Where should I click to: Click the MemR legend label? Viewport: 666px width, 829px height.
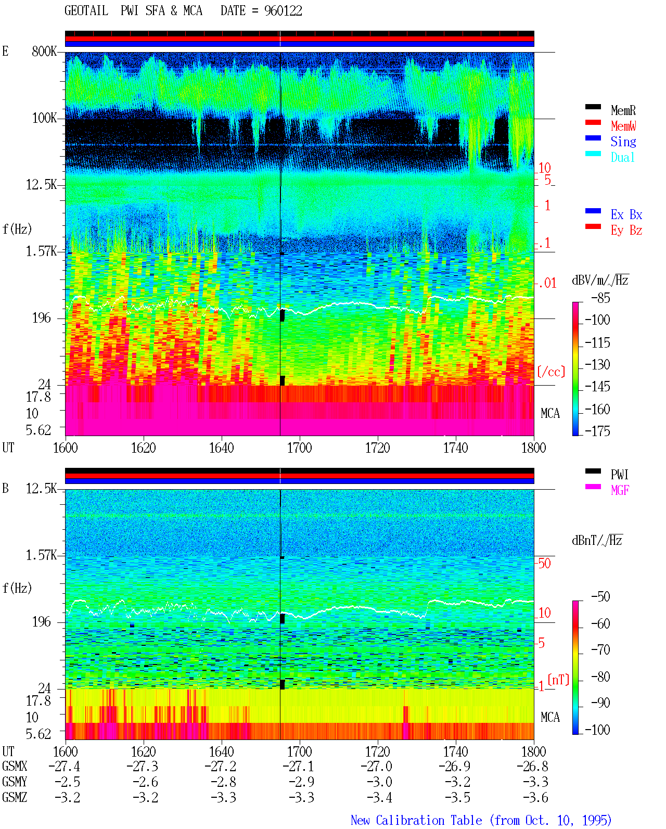[623, 110]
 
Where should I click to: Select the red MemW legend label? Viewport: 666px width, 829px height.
[623, 126]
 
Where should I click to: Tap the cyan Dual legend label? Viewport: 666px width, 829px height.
[622, 157]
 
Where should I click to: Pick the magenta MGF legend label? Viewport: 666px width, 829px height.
[620, 490]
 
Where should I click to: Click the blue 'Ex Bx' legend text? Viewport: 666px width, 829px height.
[626, 214]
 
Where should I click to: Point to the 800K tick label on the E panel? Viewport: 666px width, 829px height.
[44, 51]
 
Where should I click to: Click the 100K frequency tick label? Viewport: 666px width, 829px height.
[44, 118]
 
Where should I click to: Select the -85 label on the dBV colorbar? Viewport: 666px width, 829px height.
[600, 298]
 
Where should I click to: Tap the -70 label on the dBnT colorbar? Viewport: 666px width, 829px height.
[600, 649]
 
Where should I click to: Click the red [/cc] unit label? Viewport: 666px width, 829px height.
[551, 372]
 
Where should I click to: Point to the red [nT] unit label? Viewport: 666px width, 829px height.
[558, 679]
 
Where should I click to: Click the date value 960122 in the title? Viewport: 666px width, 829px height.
[283, 11]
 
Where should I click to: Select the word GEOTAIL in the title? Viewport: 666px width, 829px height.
[86, 11]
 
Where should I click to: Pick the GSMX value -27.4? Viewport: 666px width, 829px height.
[65, 766]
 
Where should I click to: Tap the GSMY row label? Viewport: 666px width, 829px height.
[15, 782]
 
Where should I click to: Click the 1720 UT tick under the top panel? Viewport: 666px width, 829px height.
[378, 448]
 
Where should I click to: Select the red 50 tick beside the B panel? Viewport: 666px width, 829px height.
[544, 563]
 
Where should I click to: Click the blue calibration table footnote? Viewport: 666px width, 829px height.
[481, 820]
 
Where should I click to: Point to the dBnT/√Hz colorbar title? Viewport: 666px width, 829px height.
[597, 540]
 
